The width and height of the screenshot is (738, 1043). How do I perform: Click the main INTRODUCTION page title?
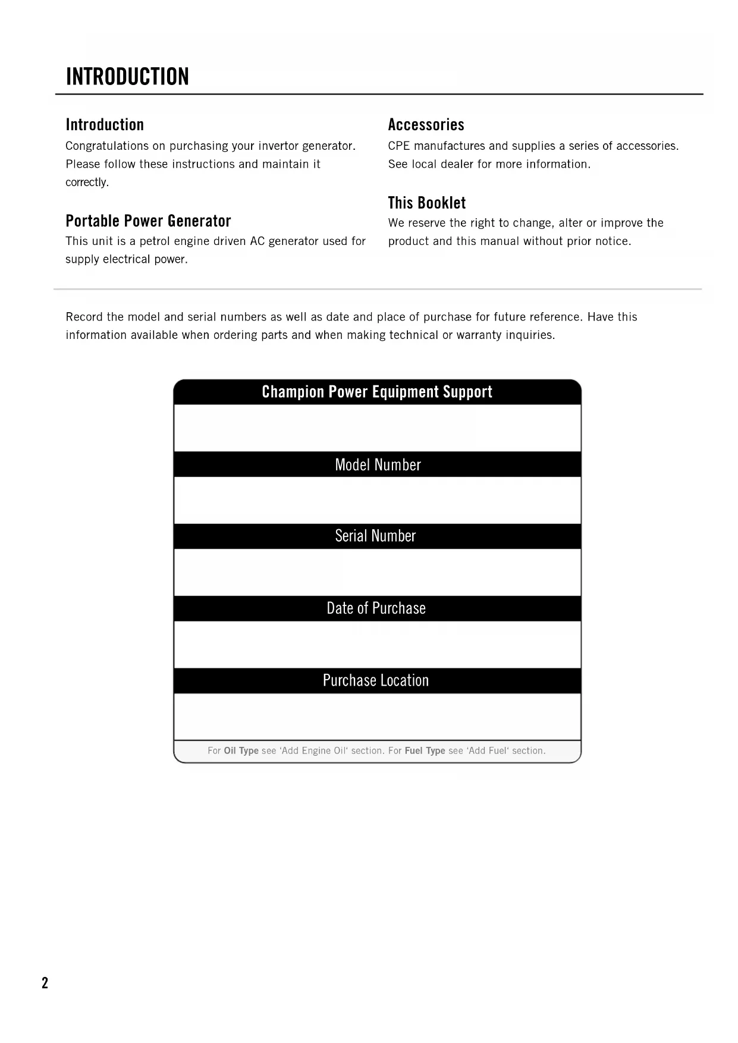tap(127, 77)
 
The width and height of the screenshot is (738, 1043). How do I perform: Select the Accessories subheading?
tap(426, 125)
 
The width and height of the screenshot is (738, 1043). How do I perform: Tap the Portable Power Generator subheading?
tap(148, 221)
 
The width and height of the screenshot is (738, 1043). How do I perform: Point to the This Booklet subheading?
tap(426, 203)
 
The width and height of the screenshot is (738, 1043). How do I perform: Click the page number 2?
tap(45, 983)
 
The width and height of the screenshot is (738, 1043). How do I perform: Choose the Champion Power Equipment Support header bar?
tap(377, 392)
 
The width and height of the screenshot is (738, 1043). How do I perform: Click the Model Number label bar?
tap(377, 464)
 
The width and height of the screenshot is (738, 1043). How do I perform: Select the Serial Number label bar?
tap(377, 536)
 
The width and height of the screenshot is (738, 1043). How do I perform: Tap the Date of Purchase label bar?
tap(377, 608)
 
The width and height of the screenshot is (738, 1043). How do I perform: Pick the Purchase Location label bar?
tap(377, 680)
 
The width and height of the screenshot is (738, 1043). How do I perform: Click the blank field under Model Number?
tap(377, 500)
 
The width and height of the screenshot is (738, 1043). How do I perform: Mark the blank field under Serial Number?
tap(377, 572)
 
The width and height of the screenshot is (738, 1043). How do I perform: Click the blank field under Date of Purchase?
tap(377, 645)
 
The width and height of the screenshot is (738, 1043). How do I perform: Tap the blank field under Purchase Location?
tap(377, 717)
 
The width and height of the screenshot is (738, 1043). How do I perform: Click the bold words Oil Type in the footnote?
tap(241, 750)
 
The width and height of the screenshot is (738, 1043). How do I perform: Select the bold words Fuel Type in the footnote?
tap(425, 750)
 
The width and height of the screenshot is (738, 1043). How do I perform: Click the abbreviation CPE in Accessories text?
tap(399, 146)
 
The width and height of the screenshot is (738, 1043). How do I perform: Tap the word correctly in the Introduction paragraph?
tap(87, 183)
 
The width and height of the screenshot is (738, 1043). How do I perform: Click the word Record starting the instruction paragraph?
tap(84, 317)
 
